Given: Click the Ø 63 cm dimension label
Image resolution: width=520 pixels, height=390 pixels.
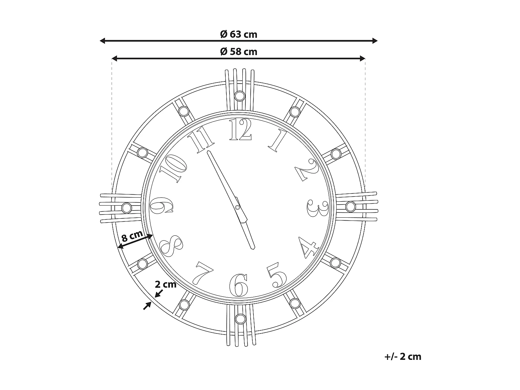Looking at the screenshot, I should pyautogui.click(x=239, y=34).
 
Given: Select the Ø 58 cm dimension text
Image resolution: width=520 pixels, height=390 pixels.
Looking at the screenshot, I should pyautogui.click(x=239, y=52).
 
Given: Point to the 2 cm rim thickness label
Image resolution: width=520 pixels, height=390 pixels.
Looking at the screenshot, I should pyautogui.click(x=165, y=285).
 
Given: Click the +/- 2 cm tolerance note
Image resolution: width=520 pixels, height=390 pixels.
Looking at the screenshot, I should pyautogui.click(x=402, y=356).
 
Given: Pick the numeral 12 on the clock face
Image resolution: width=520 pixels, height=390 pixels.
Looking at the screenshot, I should pyautogui.click(x=240, y=130).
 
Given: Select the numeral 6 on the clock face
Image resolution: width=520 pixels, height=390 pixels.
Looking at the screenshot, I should pyautogui.click(x=239, y=285).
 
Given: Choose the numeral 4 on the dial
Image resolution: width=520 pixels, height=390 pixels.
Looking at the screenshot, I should pyautogui.click(x=309, y=247).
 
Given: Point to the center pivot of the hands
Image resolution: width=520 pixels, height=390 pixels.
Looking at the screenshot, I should pyautogui.click(x=237, y=207).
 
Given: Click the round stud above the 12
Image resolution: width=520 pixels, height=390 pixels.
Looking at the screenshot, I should pyautogui.click(x=239, y=96).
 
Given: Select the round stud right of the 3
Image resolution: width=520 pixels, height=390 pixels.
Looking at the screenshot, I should pyautogui.click(x=350, y=207).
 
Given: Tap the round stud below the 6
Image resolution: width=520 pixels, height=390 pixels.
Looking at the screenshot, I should pyautogui.click(x=240, y=318).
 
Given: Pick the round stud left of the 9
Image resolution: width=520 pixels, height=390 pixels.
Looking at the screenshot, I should pyautogui.click(x=127, y=208).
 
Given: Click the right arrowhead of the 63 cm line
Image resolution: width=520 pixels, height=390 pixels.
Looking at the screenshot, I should pyautogui.click(x=375, y=41).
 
